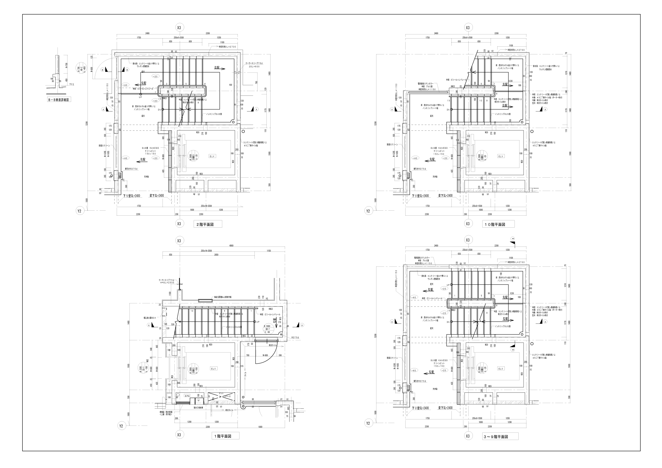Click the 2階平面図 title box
(208, 224)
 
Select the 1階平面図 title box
(225, 436)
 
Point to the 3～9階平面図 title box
(500, 437)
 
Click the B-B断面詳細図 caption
(59, 100)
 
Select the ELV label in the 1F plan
(213, 369)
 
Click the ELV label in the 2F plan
(213, 156)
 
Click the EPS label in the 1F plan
(187, 396)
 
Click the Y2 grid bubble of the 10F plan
(368, 211)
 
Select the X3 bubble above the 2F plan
(179, 28)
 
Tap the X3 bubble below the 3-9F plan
(468, 436)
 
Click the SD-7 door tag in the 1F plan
(267, 329)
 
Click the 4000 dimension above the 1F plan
(231, 246)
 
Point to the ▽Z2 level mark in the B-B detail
(72, 84)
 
